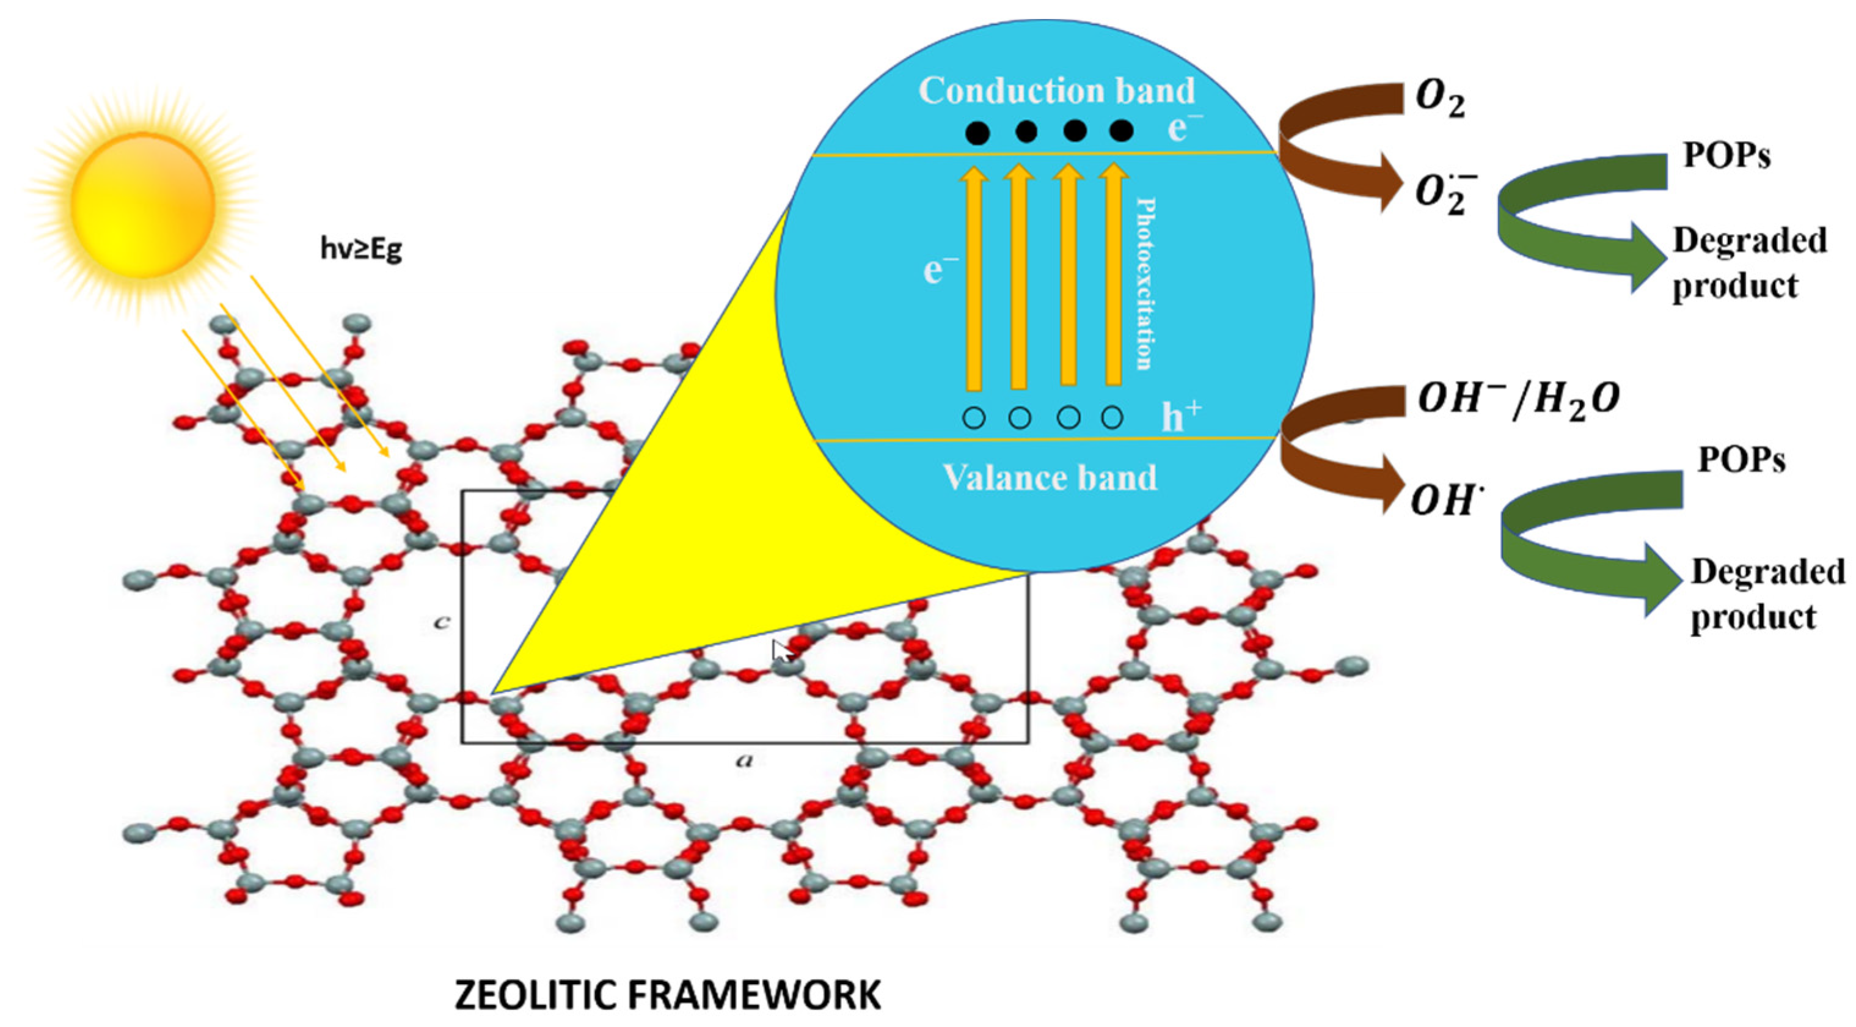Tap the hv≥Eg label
(x=361, y=249)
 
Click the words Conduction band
(x=1056, y=92)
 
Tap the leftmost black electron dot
(x=977, y=133)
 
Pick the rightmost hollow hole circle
(x=1113, y=418)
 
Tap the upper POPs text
(x=1726, y=155)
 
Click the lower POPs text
(x=1741, y=460)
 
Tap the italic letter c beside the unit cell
(x=442, y=621)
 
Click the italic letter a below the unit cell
(x=745, y=760)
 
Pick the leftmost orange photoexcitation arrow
(x=973, y=278)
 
